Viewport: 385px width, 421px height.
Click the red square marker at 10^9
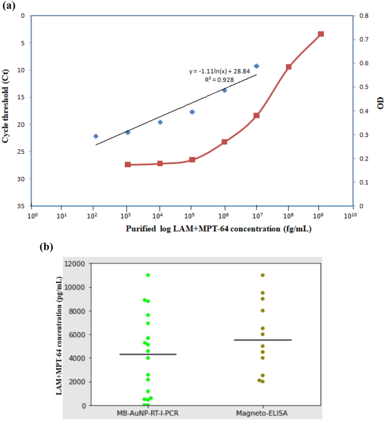coord(321,34)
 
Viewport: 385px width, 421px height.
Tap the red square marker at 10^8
coord(288,67)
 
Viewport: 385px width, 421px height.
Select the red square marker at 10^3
coord(128,164)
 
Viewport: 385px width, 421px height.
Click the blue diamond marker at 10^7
coord(256,66)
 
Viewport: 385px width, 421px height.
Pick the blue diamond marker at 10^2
coord(96,136)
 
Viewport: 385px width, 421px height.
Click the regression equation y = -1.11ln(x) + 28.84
coord(224,72)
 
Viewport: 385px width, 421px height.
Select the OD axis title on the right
coord(381,103)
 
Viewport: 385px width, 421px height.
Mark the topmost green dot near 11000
coord(148,275)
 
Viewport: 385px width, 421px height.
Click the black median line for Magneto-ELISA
coord(262,340)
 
